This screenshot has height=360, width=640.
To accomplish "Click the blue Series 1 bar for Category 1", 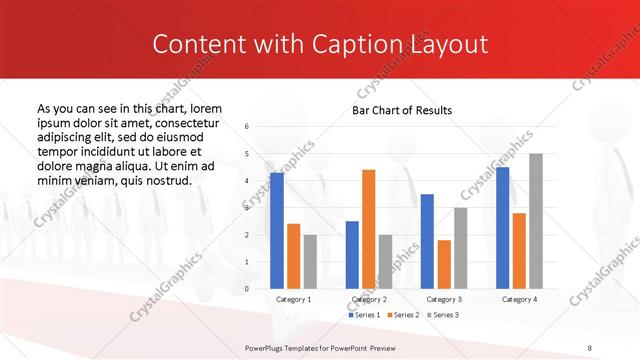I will tap(277, 231).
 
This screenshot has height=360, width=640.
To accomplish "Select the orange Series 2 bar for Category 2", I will tap(368, 229).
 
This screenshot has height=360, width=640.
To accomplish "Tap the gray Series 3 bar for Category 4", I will tap(535, 221).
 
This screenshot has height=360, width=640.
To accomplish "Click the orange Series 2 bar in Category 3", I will tap(443, 264).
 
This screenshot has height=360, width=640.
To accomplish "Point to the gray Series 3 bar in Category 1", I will tap(309, 261).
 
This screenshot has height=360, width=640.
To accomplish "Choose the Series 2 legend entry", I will tap(402, 315).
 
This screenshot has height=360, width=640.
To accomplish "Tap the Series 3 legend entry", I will tap(442, 315).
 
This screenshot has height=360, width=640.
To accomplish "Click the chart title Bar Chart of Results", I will tap(402, 110).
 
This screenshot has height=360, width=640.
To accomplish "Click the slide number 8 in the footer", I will tap(589, 346).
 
